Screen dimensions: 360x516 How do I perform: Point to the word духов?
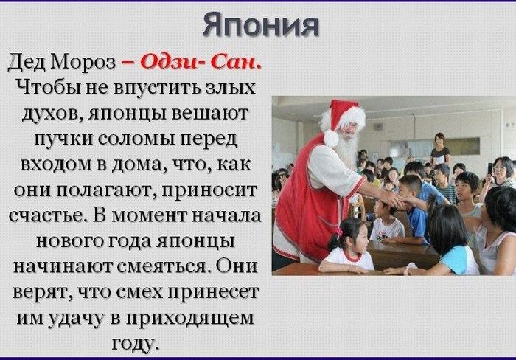[x=56, y=114]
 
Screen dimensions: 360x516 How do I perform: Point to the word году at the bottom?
[x=134, y=343]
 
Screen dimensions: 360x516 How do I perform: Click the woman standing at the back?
[x=440, y=151]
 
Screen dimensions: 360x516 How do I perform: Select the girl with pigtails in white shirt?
[x=349, y=247]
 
